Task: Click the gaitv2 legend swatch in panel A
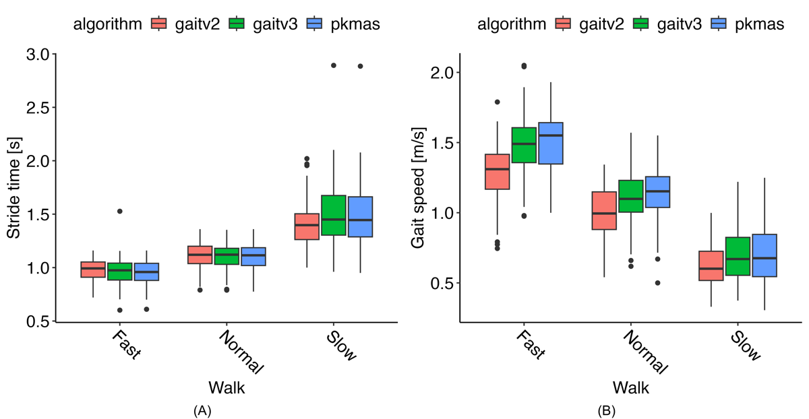(159, 24)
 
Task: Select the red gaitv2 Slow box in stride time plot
(307, 226)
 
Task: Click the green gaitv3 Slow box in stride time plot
(334, 215)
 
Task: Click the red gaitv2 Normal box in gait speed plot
(604, 210)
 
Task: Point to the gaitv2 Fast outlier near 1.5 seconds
(120, 211)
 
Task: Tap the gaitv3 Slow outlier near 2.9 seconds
(333, 65)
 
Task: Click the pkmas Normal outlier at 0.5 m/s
(657, 283)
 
